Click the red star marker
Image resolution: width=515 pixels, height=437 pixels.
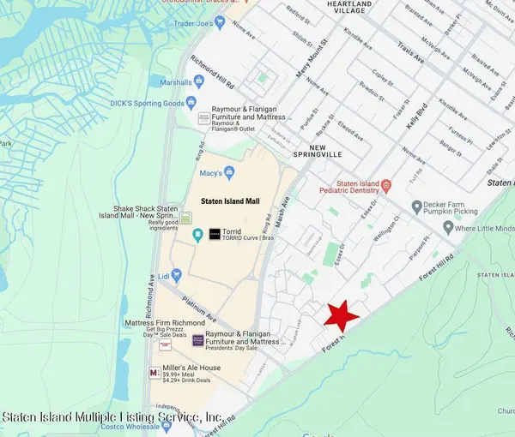(x=342, y=316)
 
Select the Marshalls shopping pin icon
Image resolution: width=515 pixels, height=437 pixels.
(x=199, y=82)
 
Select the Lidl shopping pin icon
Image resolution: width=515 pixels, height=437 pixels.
(x=177, y=276)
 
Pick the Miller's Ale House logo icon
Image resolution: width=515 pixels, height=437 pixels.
(x=154, y=373)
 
